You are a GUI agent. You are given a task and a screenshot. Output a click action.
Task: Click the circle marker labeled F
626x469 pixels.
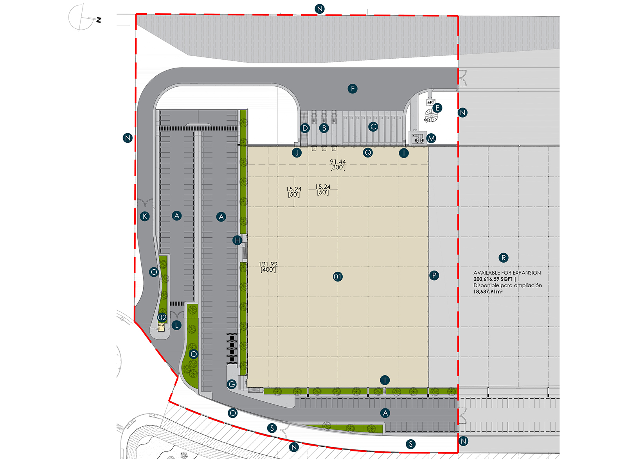point(353,89)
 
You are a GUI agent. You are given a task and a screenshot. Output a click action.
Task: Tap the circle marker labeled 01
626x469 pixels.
point(338,277)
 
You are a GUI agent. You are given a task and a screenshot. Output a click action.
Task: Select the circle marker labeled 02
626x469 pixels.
point(162,317)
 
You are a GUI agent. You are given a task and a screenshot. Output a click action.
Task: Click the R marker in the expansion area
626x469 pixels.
point(504,258)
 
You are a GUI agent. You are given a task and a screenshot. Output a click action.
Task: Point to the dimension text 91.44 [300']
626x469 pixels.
point(338,165)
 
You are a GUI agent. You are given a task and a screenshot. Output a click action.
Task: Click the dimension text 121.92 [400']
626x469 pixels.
point(268,267)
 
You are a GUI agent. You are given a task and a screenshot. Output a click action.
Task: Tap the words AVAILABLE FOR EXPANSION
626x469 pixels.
point(507,273)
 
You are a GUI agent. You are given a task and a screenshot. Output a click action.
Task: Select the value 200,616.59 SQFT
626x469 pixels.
point(493,279)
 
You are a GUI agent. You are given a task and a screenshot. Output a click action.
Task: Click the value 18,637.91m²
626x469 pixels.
point(488,292)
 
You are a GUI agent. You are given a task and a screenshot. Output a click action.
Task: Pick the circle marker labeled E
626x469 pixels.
point(437,108)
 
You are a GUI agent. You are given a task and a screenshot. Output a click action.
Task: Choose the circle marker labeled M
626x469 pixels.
point(431,138)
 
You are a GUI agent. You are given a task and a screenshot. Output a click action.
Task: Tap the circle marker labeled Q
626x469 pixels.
point(368,152)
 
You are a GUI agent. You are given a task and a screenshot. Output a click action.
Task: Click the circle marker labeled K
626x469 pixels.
point(145,216)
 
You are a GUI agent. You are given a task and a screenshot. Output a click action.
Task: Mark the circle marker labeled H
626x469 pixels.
point(237,240)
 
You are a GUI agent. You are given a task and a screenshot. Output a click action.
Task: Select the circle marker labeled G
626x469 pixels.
point(232,384)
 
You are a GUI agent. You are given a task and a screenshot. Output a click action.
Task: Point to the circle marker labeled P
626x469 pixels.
point(434,276)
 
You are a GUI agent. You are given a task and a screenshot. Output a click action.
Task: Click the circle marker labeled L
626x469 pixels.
point(176,325)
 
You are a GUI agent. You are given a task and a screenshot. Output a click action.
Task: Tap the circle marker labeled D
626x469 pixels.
point(305,128)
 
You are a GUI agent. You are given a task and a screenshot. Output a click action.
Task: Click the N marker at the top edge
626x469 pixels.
point(320,9)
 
